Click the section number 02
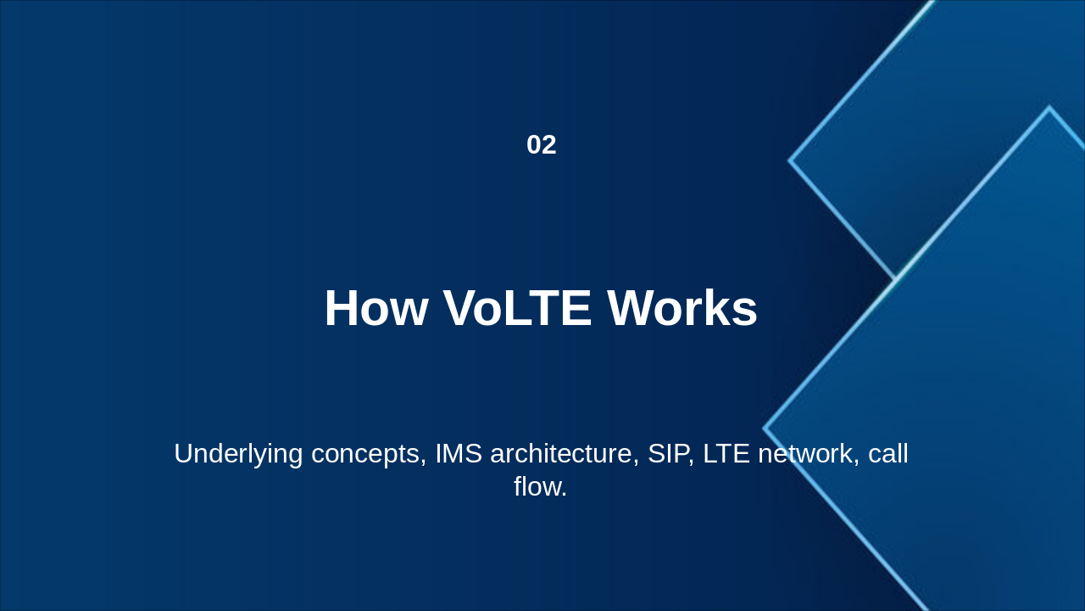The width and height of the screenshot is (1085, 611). (x=542, y=145)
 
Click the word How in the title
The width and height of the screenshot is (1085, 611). (x=376, y=308)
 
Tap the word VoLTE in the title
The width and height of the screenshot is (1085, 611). (x=517, y=308)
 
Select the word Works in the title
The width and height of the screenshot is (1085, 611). (x=682, y=308)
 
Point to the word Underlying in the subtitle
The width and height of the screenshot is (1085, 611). (x=238, y=454)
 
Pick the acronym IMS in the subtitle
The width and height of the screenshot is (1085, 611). (x=459, y=453)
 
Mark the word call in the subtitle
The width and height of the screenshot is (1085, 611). (x=887, y=453)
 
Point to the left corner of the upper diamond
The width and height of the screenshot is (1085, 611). (x=789, y=160)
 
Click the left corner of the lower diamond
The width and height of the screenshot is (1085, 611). (x=764, y=429)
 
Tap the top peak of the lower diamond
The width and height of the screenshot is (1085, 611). (x=1049, y=107)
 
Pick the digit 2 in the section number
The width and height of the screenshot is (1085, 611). (x=549, y=145)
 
